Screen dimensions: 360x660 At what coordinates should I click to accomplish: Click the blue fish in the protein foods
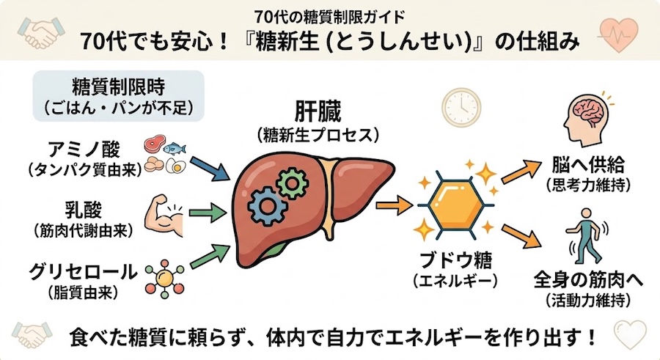click(175, 148)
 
